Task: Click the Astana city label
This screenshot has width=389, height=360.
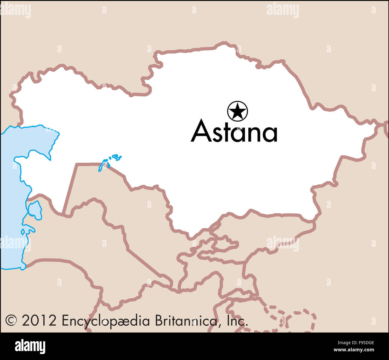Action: point(234,131)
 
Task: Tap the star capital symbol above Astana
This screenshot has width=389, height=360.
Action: point(237,111)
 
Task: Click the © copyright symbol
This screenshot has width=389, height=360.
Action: point(11,320)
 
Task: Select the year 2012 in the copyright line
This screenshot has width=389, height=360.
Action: point(39,320)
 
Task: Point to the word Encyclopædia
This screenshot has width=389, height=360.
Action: point(106,321)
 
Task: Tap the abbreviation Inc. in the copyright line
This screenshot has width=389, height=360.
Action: point(237,320)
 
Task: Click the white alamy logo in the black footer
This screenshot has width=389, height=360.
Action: point(30,347)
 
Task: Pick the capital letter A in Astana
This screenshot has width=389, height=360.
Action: point(201,131)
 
